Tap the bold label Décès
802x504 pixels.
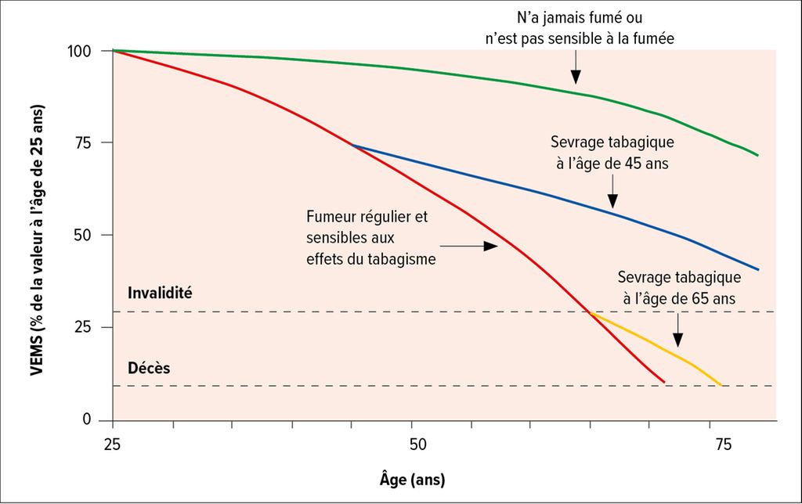click(150, 366)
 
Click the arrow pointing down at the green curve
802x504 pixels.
click(576, 71)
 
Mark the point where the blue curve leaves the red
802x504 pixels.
click(352, 145)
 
